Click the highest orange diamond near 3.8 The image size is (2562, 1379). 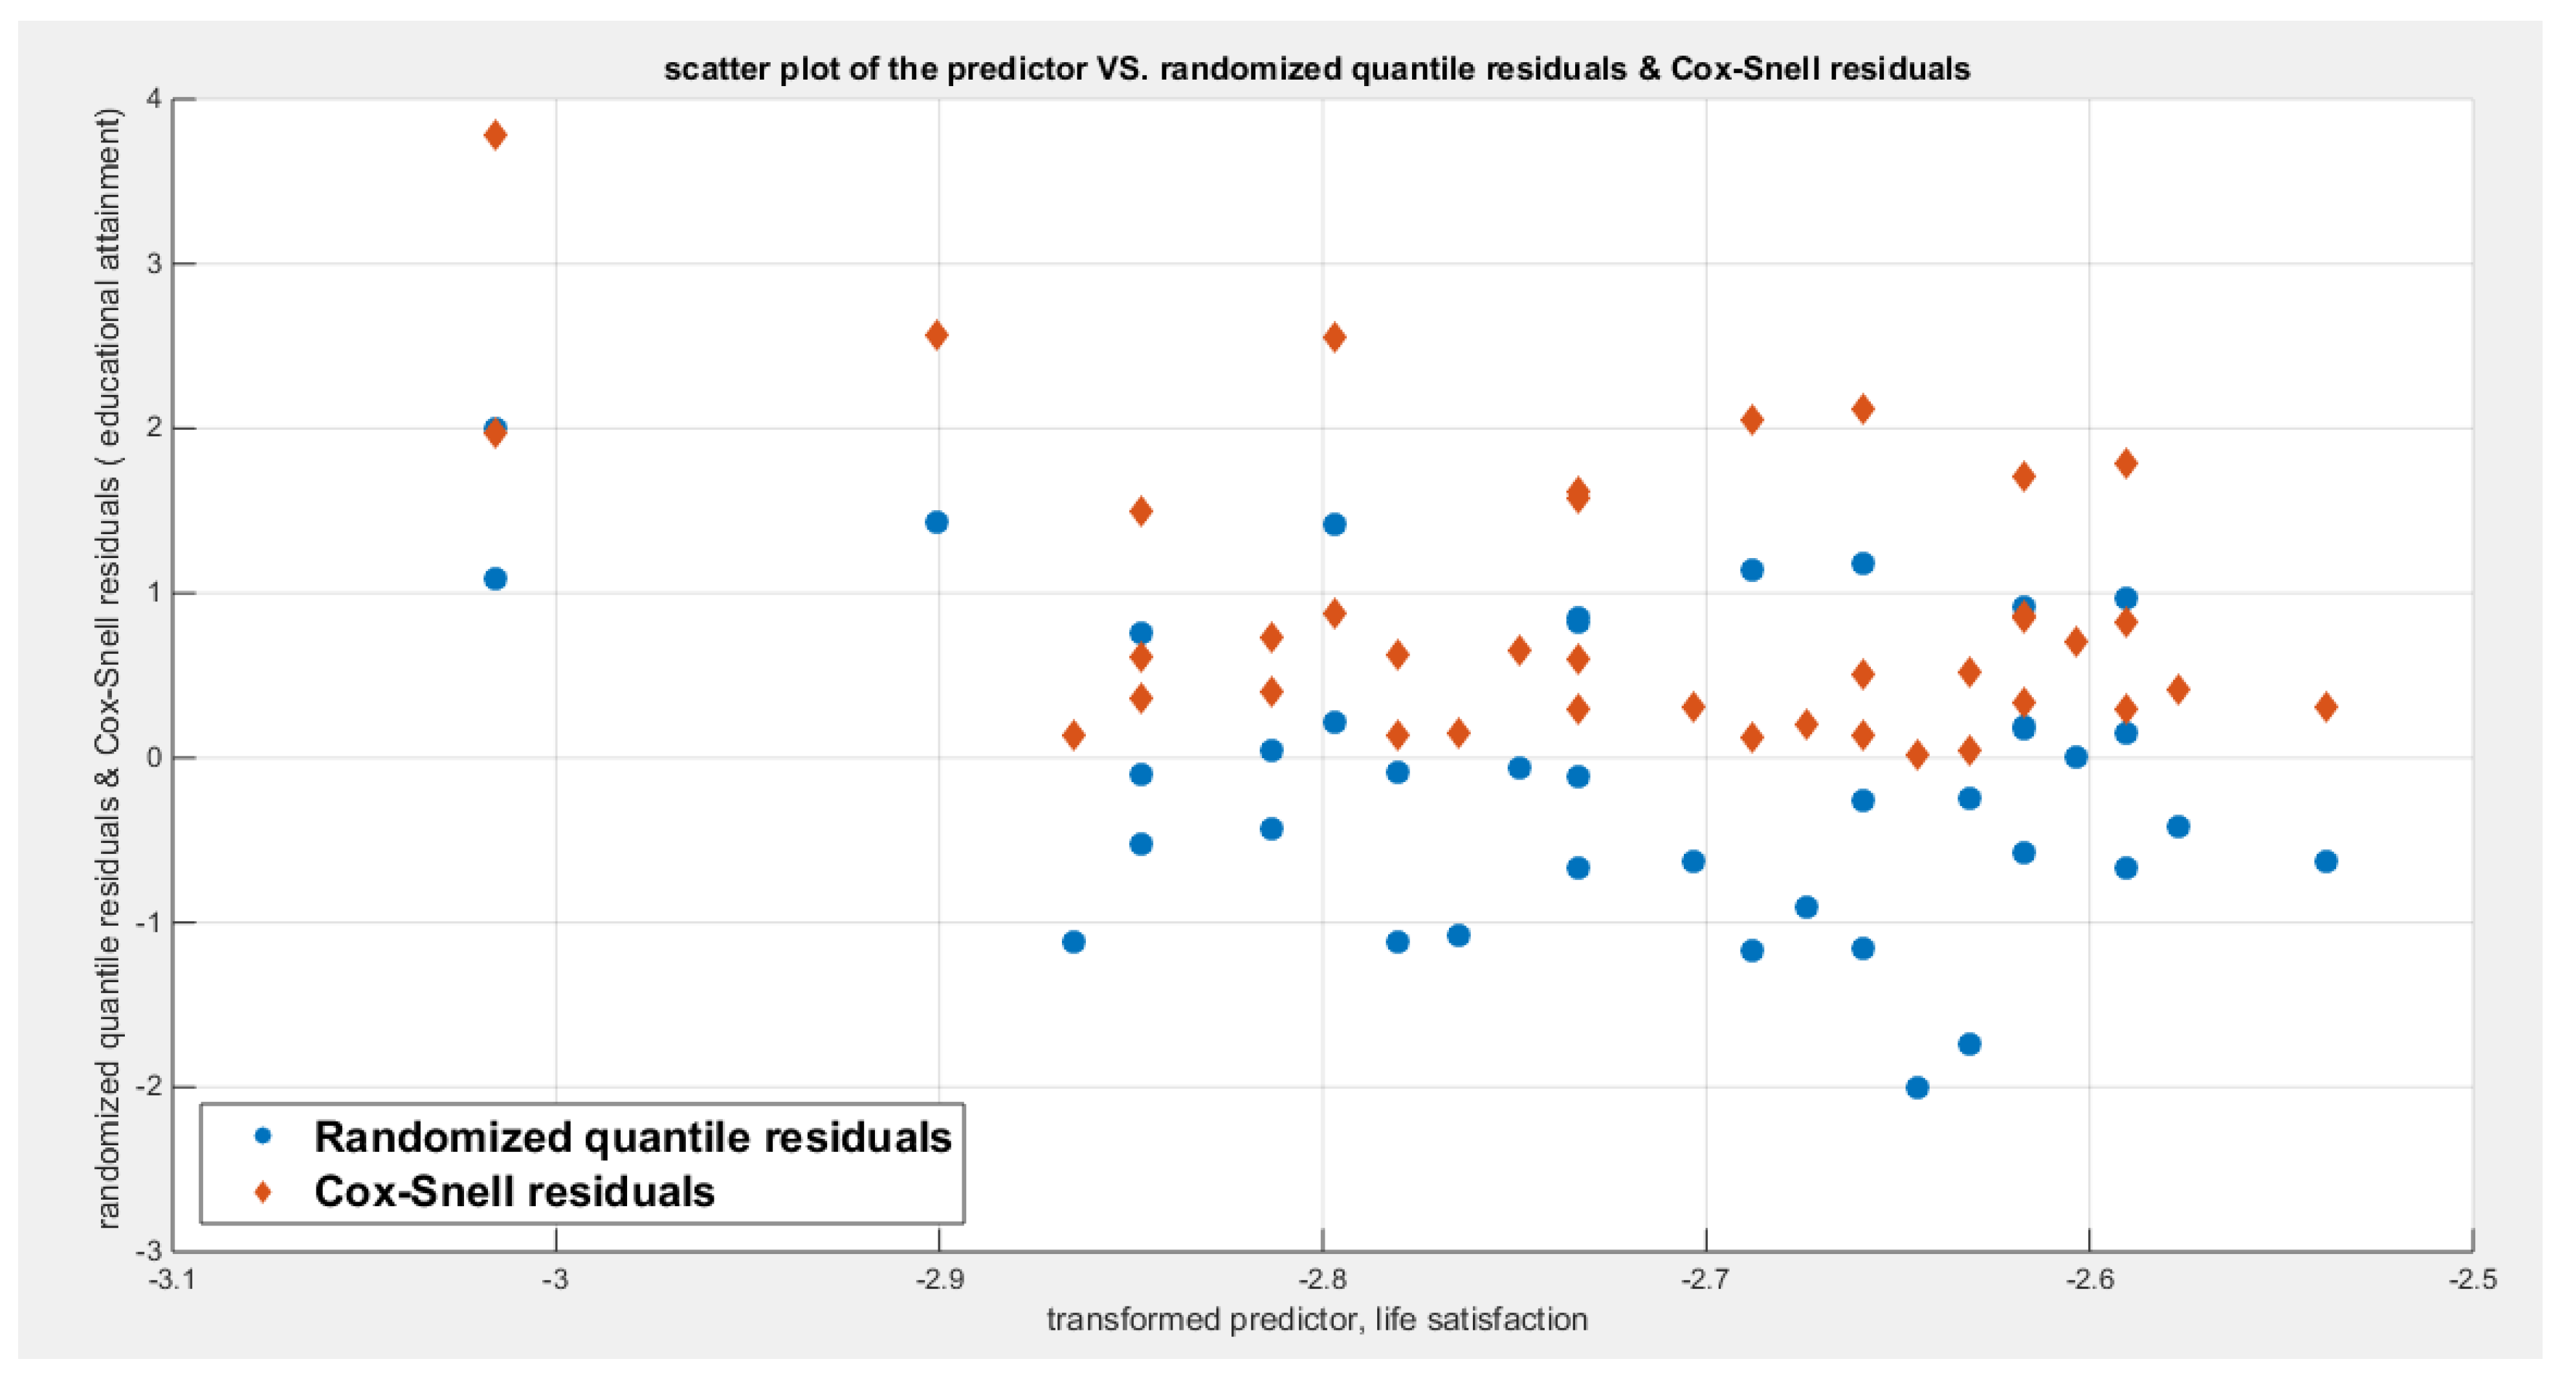coord(495,135)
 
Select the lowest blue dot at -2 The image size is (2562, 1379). coord(1917,1088)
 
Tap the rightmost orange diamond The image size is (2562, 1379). coord(2325,708)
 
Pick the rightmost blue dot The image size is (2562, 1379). coord(2325,862)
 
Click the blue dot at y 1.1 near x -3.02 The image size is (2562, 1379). coord(495,579)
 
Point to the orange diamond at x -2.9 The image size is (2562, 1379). coord(936,335)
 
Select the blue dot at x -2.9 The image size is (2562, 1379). coord(936,522)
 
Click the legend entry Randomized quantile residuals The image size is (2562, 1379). coord(632,1138)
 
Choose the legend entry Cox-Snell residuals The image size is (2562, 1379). coord(514,1191)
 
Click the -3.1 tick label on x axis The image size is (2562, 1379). coord(171,1279)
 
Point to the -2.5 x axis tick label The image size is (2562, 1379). coord(2473,1279)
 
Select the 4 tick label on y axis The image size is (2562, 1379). coord(153,98)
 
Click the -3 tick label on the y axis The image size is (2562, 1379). coord(149,1251)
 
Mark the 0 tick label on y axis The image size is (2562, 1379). coord(153,758)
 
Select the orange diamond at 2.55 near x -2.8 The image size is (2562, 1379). coord(1334,337)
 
